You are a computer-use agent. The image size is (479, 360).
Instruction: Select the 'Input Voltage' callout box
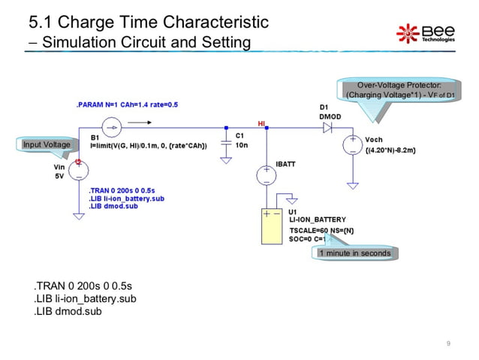click(47, 144)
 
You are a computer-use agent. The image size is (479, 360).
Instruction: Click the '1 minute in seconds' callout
click(355, 253)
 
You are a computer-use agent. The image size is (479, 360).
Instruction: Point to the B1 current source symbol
click(110, 128)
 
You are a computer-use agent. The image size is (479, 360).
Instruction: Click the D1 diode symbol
click(327, 128)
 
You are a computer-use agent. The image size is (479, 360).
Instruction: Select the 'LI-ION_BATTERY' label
click(318, 219)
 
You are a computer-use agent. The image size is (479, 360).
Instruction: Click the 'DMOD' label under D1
click(330, 116)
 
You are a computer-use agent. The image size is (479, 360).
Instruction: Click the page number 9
click(447, 343)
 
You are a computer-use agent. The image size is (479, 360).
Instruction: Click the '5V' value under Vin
click(59, 177)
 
